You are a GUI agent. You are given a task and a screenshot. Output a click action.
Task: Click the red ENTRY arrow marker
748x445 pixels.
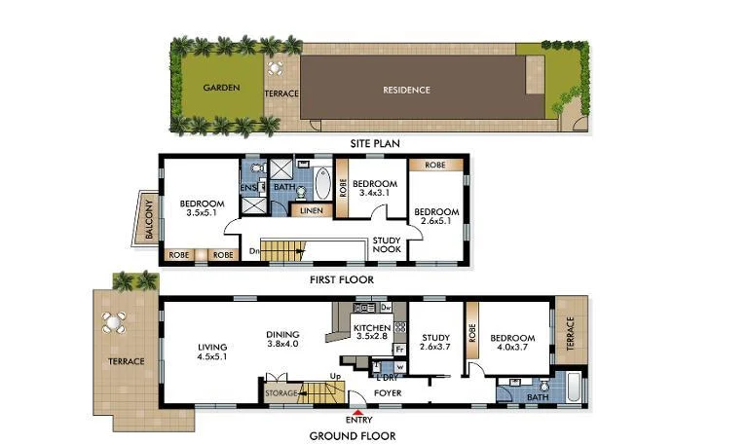[359, 413]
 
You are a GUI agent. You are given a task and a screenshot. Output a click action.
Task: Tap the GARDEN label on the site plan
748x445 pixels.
[222, 88]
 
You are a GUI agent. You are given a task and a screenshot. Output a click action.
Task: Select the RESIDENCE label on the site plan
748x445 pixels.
[406, 90]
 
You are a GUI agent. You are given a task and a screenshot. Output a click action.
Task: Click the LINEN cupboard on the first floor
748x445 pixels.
[311, 210]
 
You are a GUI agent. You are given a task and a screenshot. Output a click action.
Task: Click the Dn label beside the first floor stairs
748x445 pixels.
[254, 252]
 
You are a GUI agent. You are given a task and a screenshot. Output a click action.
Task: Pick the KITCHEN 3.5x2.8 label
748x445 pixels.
[372, 333]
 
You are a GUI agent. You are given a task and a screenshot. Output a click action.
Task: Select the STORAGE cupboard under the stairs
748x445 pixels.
[282, 392]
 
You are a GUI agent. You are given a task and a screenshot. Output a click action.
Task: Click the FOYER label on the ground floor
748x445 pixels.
[389, 393]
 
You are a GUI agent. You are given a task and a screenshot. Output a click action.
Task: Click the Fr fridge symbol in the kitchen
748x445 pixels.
[398, 349]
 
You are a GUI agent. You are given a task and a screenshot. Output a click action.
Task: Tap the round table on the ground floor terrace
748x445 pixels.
[114, 322]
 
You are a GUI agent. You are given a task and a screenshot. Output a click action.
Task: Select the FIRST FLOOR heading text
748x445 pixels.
[341, 279]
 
